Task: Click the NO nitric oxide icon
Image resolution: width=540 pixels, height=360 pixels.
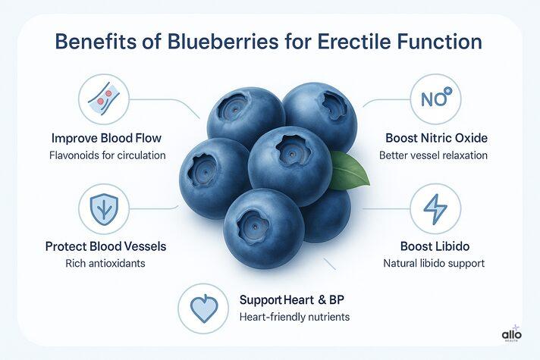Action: click(435, 99)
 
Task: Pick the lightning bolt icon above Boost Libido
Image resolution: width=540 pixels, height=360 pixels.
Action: click(435, 208)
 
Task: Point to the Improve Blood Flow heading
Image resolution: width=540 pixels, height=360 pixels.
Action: click(105, 139)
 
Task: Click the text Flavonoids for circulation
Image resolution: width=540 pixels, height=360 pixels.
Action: click(105, 156)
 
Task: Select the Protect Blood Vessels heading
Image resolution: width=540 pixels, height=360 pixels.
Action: click(105, 247)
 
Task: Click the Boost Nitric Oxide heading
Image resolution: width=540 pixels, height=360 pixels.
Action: click(435, 139)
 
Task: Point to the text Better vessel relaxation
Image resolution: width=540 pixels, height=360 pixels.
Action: click(435, 156)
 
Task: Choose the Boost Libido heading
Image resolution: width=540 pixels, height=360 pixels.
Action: click(435, 247)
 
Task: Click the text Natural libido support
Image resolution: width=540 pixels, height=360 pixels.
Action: click(435, 265)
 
